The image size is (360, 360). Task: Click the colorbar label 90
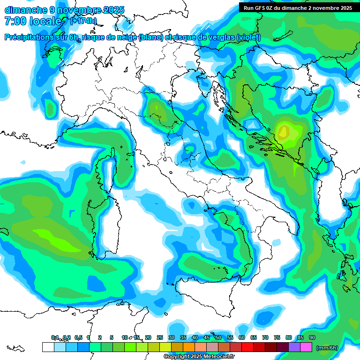312,337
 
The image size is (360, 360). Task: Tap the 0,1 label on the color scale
55,337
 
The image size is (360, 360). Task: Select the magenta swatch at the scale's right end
306,347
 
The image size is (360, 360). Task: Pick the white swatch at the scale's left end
48,347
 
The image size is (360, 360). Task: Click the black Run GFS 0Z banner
298,7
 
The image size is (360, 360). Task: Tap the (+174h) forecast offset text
83,21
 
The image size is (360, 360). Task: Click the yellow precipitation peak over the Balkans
283,132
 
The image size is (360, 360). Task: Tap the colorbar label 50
218,337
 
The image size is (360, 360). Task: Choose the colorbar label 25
160,337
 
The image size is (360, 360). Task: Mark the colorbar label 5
112,337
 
